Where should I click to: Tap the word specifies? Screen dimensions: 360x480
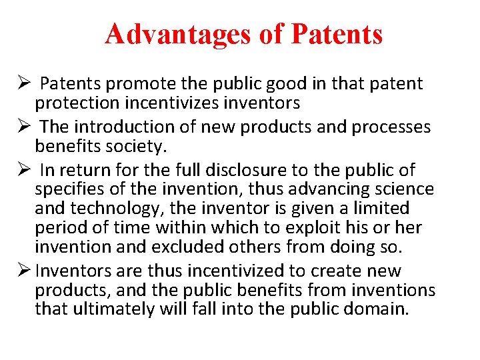pos(72,190)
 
